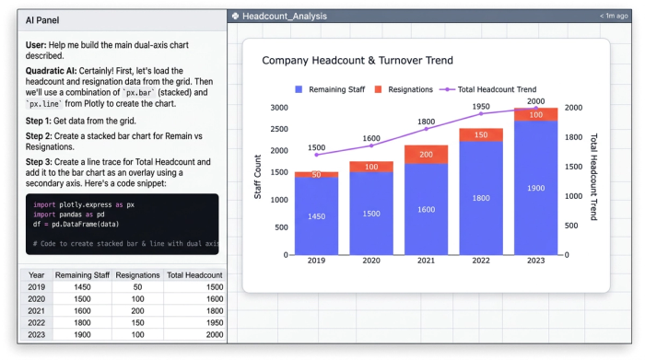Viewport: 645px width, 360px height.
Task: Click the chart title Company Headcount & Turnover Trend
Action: (358, 61)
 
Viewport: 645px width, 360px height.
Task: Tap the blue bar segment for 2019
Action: (316, 215)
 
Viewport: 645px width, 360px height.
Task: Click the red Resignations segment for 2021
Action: (426, 154)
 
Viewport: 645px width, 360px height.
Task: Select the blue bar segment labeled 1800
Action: (481, 197)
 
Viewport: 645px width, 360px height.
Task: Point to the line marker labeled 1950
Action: (481, 114)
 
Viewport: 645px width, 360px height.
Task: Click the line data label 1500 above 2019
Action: (316, 147)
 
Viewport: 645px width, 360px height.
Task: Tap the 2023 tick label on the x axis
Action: (535, 261)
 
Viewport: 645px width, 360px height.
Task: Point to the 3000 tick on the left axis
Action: (279, 108)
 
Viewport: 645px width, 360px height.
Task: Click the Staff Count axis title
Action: (258, 180)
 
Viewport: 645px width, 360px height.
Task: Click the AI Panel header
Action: (43, 19)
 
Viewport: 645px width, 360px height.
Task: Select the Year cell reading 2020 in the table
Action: (36, 298)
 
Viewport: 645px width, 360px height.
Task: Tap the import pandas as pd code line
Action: (69, 215)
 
